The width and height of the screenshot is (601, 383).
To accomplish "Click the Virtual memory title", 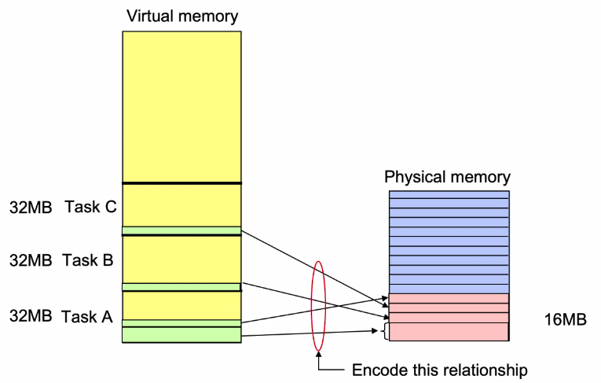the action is tap(182, 17).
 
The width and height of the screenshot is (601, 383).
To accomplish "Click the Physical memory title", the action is tap(447, 177).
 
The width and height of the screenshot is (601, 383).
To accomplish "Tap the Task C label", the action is tap(90, 207).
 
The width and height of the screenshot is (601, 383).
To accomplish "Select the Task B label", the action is tap(88, 260).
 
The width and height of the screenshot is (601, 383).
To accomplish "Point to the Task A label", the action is tap(87, 317).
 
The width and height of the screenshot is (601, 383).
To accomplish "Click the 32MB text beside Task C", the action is tap(31, 208).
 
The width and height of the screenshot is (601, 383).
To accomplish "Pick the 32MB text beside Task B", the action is tap(31, 260).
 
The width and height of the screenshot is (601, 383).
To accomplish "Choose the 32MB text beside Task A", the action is tap(31, 316).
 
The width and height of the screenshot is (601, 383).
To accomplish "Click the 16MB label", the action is tap(566, 319).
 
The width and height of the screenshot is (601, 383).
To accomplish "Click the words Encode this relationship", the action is tap(440, 370).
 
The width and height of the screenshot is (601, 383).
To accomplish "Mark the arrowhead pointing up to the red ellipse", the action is tap(318, 355).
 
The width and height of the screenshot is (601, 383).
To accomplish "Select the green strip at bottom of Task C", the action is tap(181, 230).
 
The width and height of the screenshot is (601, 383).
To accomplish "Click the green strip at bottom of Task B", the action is tap(181, 287).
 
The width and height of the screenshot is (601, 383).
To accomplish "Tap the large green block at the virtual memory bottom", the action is tap(181, 335).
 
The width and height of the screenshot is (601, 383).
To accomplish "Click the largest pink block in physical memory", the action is tap(449, 332).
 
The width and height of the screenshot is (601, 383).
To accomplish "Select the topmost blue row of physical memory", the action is tap(449, 194).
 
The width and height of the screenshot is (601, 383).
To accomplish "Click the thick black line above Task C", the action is tap(181, 183).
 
